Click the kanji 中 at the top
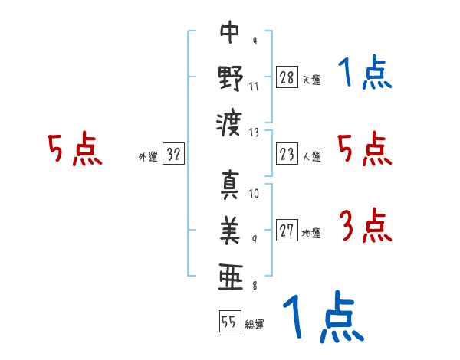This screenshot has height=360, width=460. point(230,31)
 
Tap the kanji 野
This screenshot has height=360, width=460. point(230,78)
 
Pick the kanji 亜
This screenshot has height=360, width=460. point(231,277)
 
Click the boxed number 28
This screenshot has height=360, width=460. point(287,77)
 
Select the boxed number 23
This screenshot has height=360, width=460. point(287,154)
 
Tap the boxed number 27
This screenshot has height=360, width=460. point(287,230)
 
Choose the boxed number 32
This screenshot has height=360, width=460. point(173,153)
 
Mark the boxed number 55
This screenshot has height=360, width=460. point(230,321)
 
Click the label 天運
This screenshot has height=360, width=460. point(312,80)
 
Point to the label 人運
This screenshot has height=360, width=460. point(312,156)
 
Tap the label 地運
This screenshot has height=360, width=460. point(311,234)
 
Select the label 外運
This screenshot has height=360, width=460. point(148,156)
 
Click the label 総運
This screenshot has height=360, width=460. point(255,325)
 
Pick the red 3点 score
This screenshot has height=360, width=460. point(365,225)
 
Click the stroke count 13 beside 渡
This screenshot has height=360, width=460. point(254,133)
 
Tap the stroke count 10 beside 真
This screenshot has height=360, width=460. point(254,194)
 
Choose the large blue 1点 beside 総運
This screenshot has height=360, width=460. point(324,316)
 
